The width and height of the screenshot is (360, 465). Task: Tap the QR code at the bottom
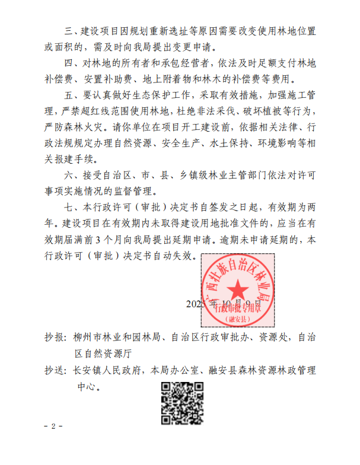pyautogui.click(x=179, y=401)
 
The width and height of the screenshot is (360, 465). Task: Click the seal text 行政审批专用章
pyautogui.click(x=238, y=307)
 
